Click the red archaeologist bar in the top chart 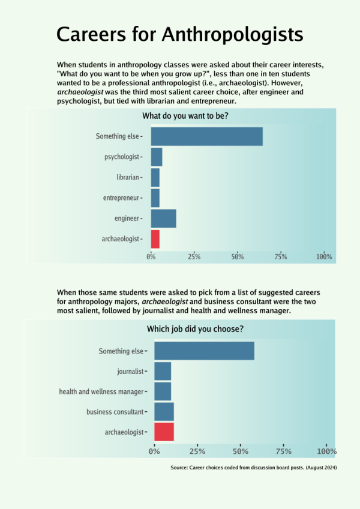click(x=155, y=239)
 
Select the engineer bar click(x=164, y=218)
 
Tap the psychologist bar click(x=157, y=157)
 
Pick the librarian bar click(x=155, y=178)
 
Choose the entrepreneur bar click(x=155, y=198)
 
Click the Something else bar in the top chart click(x=207, y=136)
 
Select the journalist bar click(x=163, y=371)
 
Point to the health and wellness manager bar click(x=163, y=391)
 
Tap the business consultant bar click(x=164, y=412)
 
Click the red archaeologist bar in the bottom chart click(x=164, y=432)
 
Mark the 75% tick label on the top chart click(x=281, y=257)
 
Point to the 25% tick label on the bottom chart click(x=197, y=451)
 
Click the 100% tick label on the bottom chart click(x=327, y=451)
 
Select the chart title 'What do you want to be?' click(x=185, y=116)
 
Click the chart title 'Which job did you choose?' click(x=195, y=329)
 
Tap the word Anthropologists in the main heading click(x=232, y=35)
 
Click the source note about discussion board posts click(x=254, y=468)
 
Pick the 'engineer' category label click(x=127, y=218)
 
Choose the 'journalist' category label click(x=130, y=371)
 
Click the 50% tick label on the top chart click(x=238, y=257)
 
